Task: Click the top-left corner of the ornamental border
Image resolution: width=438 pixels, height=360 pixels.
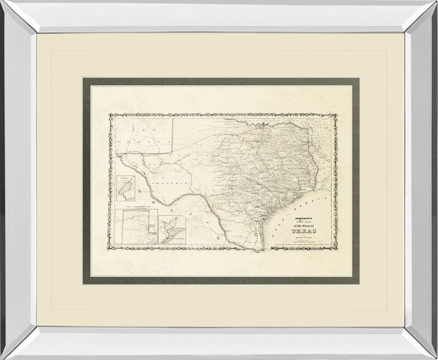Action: [110, 115]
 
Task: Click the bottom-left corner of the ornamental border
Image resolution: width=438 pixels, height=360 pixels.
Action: [110, 251]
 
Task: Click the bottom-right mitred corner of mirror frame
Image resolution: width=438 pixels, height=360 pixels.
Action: [419, 344]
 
